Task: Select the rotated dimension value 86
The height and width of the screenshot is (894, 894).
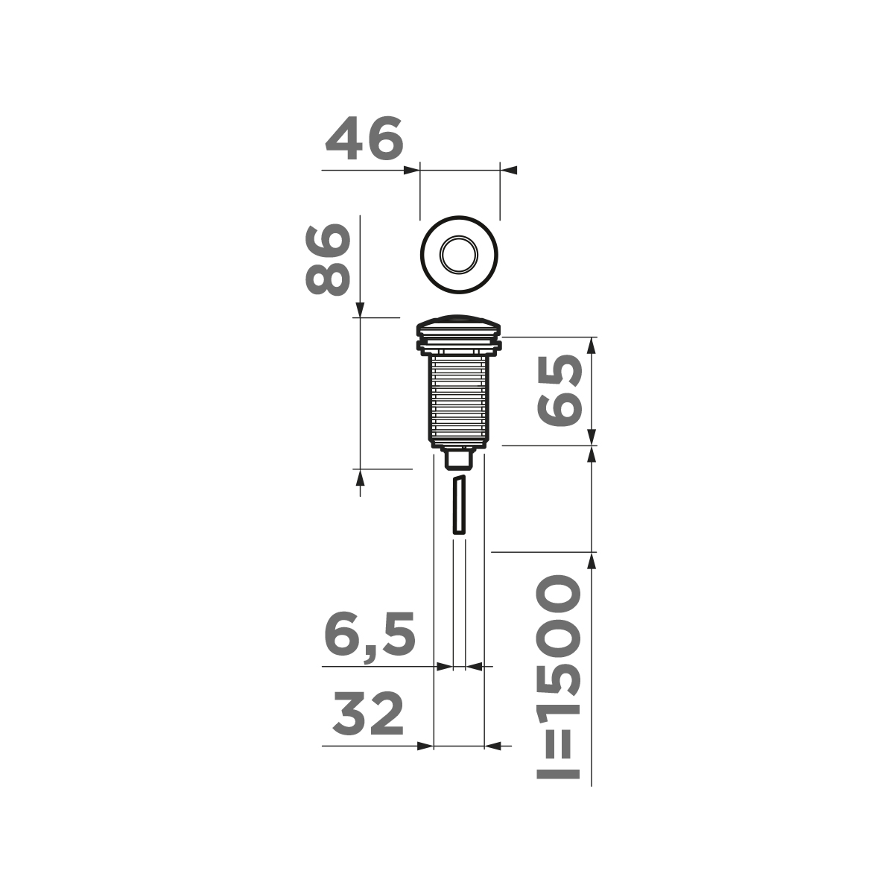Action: tap(327, 259)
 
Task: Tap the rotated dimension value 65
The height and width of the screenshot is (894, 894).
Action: tap(559, 390)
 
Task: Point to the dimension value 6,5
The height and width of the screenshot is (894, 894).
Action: tap(370, 636)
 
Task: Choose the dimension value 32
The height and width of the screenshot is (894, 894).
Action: tap(368, 714)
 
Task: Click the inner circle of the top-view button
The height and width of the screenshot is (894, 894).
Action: tap(459, 256)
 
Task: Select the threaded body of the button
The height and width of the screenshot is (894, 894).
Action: tap(459, 399)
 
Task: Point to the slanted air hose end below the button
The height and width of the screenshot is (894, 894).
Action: tap(459, 504)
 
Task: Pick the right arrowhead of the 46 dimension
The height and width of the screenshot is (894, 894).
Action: tap(508, 171)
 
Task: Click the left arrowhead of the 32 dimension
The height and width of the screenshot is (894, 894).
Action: tap(425, 745)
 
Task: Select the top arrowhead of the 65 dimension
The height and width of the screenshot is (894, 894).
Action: tap(592, 345)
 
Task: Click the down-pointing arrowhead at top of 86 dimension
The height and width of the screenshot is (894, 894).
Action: tap(360, 308)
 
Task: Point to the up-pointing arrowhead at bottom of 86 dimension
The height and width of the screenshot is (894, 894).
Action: tap(360, 477)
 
